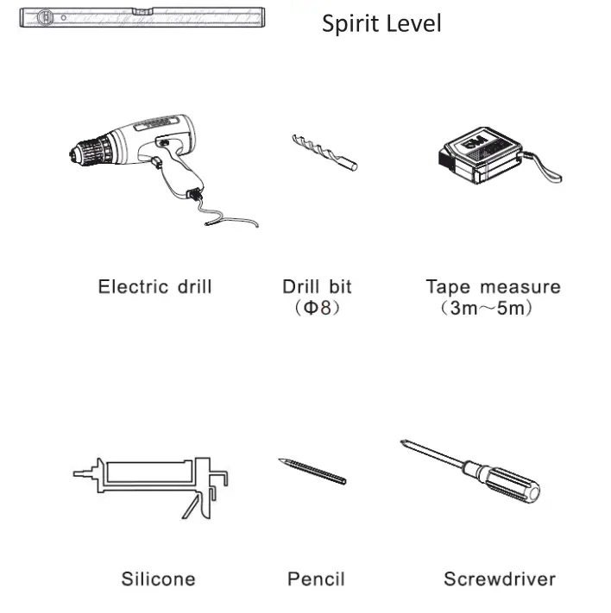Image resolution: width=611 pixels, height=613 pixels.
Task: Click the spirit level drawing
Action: pos(142,17)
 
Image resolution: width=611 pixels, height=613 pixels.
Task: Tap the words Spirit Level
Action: pos(381,23)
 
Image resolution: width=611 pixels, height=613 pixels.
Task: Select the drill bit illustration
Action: pos(324,153)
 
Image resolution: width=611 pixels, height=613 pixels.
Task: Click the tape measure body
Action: pos(481,155)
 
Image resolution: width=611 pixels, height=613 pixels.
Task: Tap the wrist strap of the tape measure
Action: pos(542,168)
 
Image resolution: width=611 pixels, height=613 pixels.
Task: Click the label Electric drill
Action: pos(155,287)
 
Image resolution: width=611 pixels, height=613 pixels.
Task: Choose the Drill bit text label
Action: pos(317,287)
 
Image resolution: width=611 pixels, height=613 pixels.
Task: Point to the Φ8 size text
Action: pos(317,308)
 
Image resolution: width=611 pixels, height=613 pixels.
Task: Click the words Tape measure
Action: pos(493,287)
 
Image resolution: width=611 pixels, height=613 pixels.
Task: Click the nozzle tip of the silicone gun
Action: pos(74,474)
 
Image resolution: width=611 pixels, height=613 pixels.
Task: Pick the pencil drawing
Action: pos(312,471)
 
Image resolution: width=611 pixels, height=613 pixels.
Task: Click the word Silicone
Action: pos(159,579)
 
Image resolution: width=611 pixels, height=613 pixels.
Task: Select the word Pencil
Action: pos(316,579)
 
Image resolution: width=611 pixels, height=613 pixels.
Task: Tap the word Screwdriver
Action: pos(500,579)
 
